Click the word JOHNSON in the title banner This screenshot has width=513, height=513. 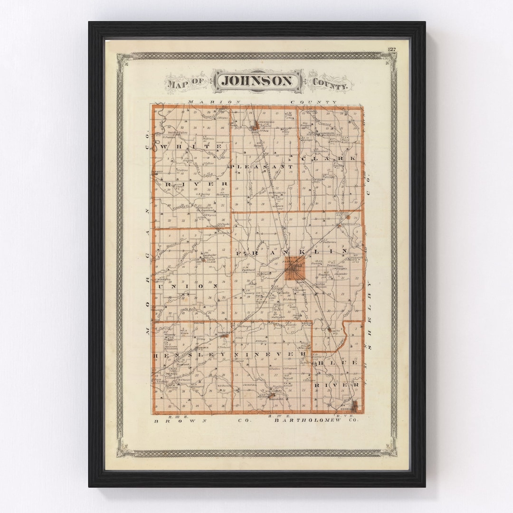pyautogui.click(x=257, y=81)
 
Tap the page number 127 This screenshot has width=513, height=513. pyautogui.click(x=392, y=49)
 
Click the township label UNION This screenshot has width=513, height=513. pyautogui.click(x=187, y=286)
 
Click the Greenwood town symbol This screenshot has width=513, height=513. pyautogui.click(x=256, y=125)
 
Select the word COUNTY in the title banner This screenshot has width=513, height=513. pyautogui.click(x=330, y=85)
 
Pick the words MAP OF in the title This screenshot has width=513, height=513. pyautogui.click(x=185, y=84)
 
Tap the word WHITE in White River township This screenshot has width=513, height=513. pyautogui.click(x=191, y=147)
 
